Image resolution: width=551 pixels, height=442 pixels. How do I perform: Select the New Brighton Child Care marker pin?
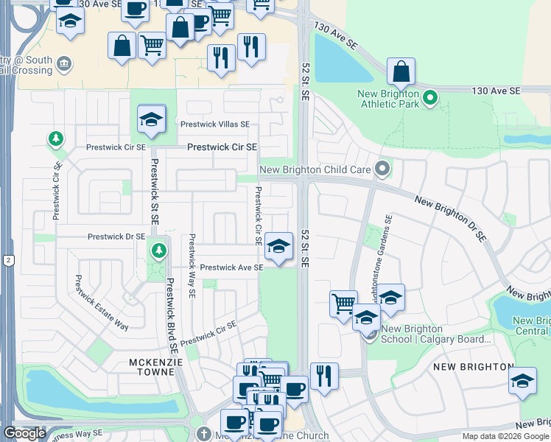pos(382,169)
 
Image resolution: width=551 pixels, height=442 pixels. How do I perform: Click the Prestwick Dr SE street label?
pos(116,237)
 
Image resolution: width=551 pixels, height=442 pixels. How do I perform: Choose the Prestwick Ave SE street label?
pos(231,267)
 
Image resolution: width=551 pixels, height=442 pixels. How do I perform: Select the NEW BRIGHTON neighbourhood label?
pos(473,367)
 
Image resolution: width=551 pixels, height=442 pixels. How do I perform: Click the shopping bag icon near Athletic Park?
pos(401,71)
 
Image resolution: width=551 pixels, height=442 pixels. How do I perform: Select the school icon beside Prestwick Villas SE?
pos(151,119)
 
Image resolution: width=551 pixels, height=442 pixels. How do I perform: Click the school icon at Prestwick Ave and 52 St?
pos(279,247)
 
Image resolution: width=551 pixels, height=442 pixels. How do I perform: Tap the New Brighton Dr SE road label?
pos(450,219)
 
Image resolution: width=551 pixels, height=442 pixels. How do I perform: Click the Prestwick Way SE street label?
pos(192,266)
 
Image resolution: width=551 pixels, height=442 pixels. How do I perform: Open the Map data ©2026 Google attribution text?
pos(506,436)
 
